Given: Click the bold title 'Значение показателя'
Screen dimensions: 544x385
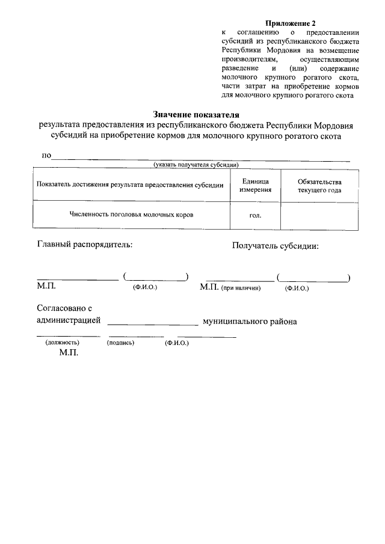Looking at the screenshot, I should coord(196,114).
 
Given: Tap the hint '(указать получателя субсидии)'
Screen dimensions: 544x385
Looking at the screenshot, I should coord(197,164).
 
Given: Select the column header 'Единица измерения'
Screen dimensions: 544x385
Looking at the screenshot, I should coord(255,186).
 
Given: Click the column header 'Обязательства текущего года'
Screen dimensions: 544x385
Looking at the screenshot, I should coord(319,186).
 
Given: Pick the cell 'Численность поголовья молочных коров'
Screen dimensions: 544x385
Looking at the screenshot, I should coord(131,214).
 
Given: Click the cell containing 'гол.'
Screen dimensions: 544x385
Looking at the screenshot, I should coord(255,215).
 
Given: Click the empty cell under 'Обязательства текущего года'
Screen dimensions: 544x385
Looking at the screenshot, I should coord(319,215).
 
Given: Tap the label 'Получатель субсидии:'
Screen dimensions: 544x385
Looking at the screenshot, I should coord(275,245).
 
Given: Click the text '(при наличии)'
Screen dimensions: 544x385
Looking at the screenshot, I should coord(241,289).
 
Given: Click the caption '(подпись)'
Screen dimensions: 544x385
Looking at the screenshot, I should coord(120,343).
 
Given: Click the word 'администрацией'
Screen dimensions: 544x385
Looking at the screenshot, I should coord(69,321).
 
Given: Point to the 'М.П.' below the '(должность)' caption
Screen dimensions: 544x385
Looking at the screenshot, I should coord(69,354).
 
